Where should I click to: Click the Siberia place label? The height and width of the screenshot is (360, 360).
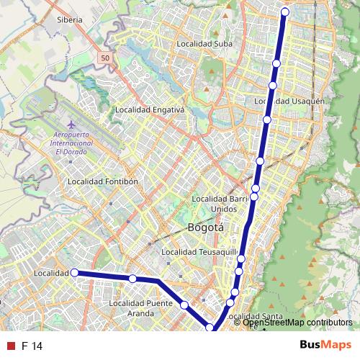tap(70, 20)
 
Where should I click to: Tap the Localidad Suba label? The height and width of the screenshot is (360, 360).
tap(204, 44)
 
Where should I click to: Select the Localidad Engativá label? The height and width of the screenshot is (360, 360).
tap(150, 110)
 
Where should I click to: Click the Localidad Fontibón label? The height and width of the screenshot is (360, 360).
tap(102, 181)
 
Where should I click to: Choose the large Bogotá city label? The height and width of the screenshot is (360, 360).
tap(205, 228)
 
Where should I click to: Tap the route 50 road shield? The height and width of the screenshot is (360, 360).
tap(106, 58)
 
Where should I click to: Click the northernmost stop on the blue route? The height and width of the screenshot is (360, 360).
tap(285, 12)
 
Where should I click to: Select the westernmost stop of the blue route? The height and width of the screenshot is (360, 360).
tap(73, 273)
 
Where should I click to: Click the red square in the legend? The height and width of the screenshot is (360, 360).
tap(11, 346)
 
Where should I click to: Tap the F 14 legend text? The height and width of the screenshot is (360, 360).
tap(32, 346)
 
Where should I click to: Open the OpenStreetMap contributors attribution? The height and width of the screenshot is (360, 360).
tap(297, 323)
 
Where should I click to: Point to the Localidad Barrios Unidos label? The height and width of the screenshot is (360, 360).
tap(222, 203)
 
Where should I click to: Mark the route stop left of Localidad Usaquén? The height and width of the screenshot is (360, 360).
tap(272, 86)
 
